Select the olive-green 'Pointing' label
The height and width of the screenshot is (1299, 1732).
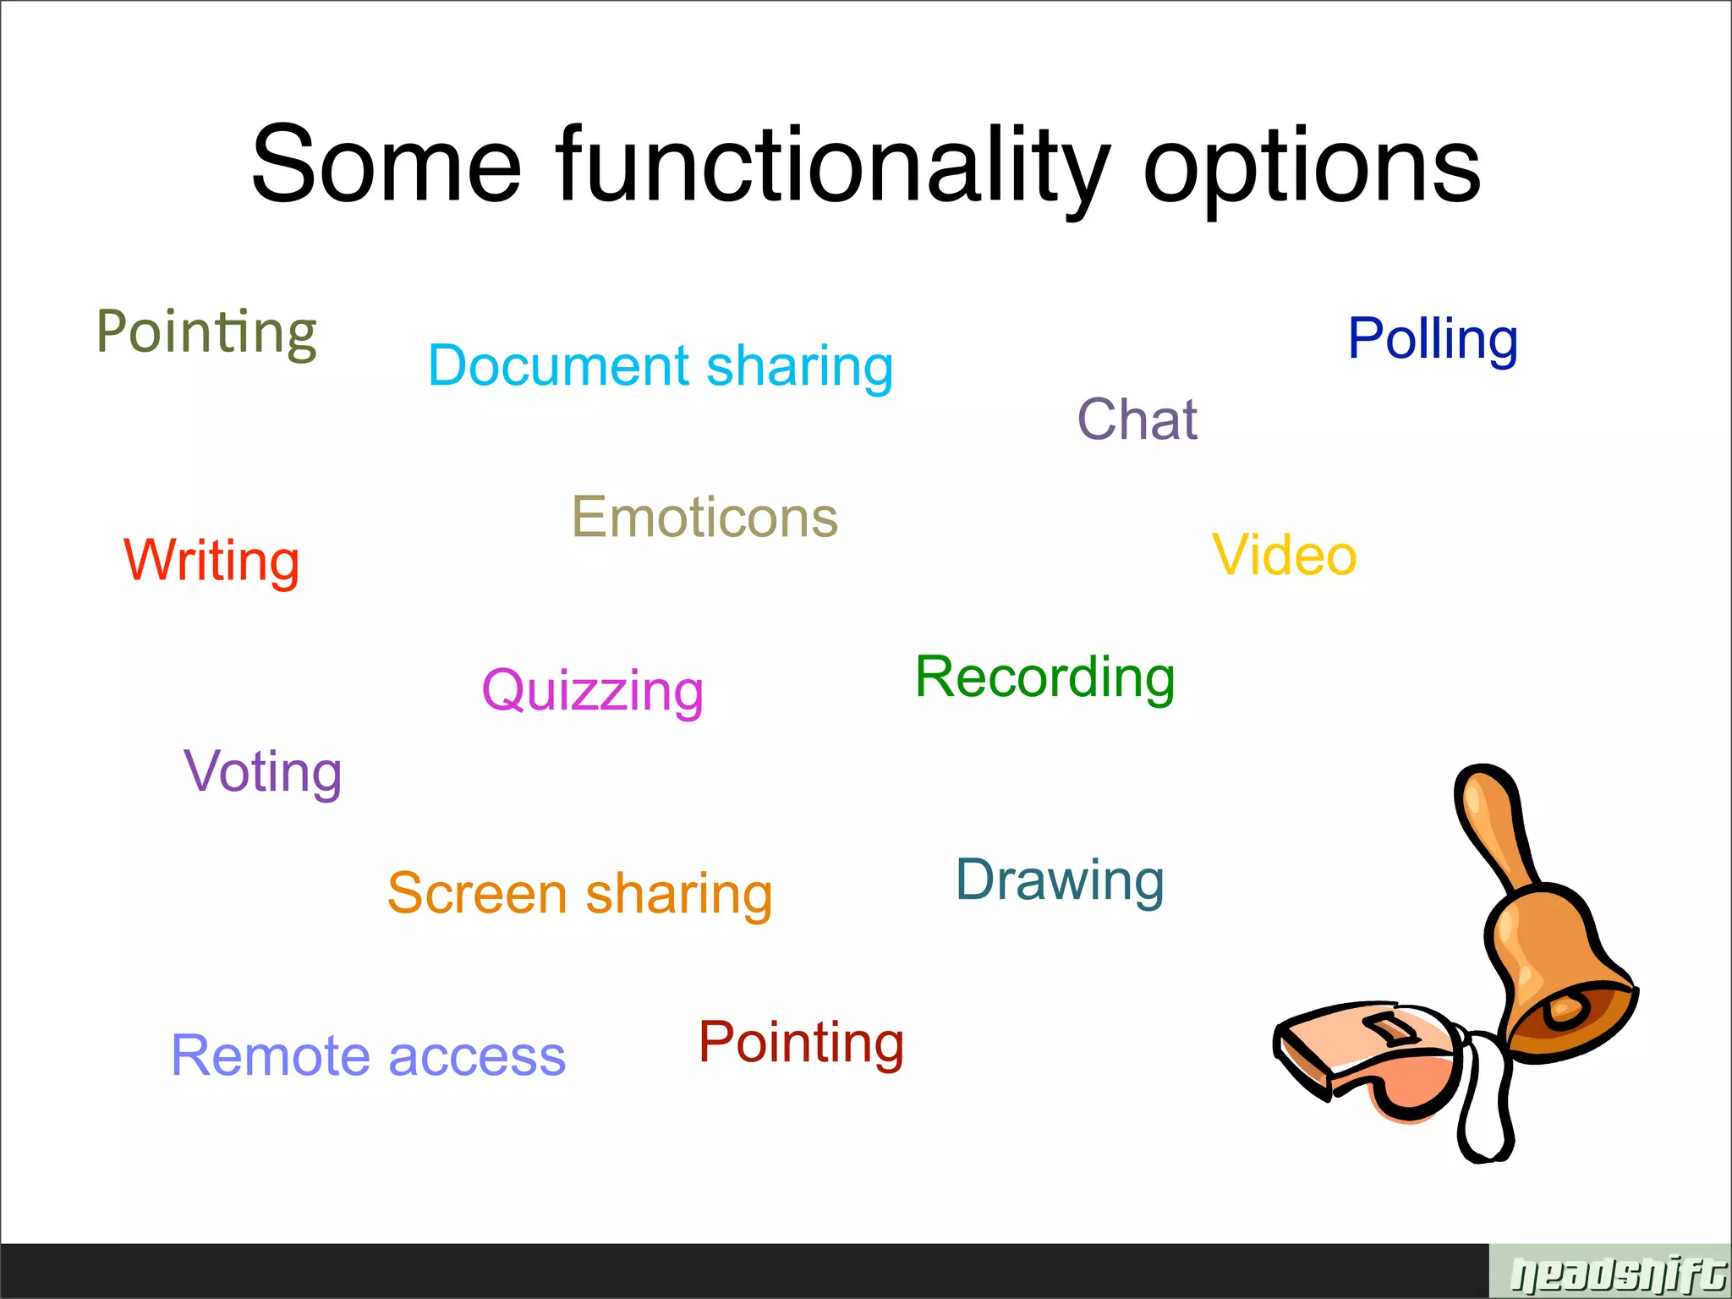206,332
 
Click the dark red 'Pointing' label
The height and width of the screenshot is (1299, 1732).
801,1042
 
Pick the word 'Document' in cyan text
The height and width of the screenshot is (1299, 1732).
559,365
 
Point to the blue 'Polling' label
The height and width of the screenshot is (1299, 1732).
1433,338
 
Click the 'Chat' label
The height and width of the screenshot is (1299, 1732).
1137,419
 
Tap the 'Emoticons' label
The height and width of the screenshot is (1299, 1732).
704,517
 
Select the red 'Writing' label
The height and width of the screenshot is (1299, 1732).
211,560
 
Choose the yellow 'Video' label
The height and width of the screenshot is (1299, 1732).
1284,555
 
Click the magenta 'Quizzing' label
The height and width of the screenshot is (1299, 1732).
592,690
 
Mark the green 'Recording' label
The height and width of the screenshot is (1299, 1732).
1044,677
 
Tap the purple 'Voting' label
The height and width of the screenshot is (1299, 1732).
263,771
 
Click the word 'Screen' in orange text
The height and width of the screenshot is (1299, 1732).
477,893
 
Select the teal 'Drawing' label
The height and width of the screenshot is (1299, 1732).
1060,880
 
